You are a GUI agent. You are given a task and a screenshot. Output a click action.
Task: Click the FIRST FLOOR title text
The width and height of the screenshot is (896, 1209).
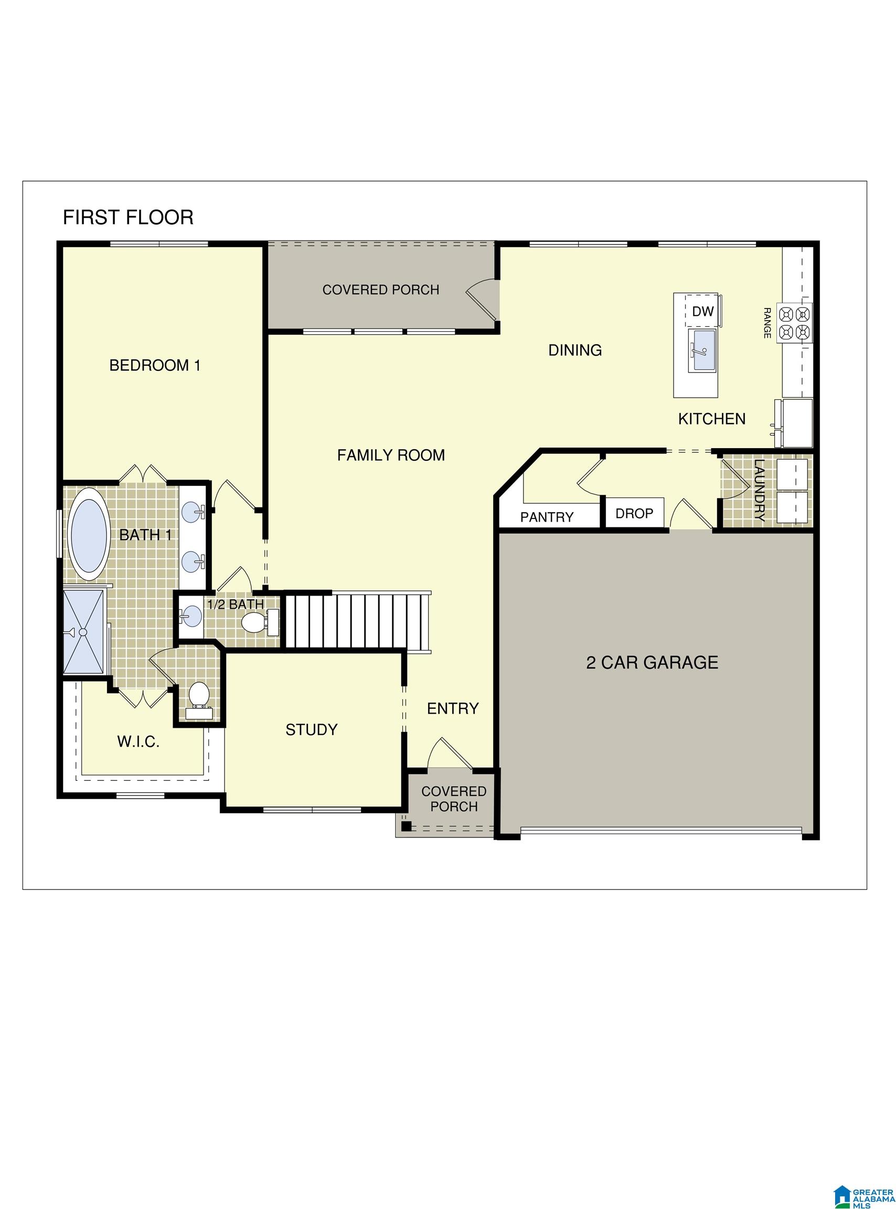(x=128, y=217)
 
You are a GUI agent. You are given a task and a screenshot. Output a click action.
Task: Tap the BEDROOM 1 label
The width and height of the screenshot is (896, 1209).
(x=155, y=366)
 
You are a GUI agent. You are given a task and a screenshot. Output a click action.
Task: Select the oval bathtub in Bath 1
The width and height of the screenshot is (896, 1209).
(x=89, y=535)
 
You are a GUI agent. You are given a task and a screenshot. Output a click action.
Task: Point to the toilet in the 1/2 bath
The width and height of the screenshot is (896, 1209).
(x=252, y=622)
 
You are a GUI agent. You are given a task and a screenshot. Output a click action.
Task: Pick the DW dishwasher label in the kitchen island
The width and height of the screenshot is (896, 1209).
(x=703, y=311)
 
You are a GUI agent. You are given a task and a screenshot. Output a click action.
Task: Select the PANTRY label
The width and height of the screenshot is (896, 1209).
(x=547, y=517)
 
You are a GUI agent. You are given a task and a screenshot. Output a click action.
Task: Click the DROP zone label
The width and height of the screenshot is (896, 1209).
(x=634, y=513)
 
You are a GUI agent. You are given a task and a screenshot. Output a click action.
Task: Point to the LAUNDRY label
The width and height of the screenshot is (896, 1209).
(x=759, y=490)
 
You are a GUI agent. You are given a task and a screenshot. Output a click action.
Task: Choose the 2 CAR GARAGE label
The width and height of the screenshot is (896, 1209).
(x=652, y=662)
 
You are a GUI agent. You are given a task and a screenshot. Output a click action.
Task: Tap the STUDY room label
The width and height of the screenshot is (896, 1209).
(x=311, y=730)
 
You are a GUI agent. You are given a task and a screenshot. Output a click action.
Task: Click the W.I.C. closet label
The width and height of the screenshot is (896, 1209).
(x=138, y=742)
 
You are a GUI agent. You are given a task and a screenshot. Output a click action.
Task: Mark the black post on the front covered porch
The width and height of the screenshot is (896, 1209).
(x=406, y=826)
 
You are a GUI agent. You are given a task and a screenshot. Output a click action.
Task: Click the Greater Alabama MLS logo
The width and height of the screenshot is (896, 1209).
(x=864, y=1181)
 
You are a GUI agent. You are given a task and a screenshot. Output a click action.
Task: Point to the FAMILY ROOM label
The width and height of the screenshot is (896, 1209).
(x=391, y=455)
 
